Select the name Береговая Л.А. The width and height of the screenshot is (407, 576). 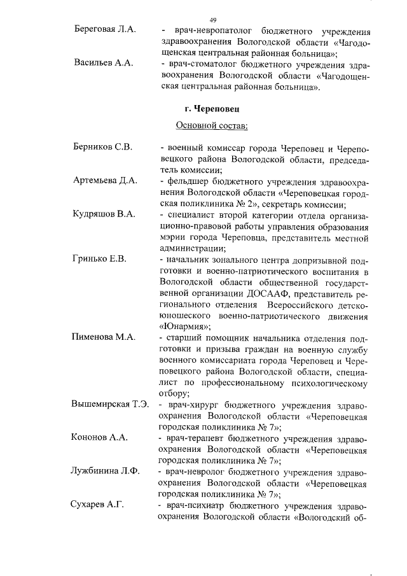click(x=104, y=31)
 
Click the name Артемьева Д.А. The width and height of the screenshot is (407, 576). click(x=104, y=181)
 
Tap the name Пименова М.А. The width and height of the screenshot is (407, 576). click(x=103, y=337)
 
